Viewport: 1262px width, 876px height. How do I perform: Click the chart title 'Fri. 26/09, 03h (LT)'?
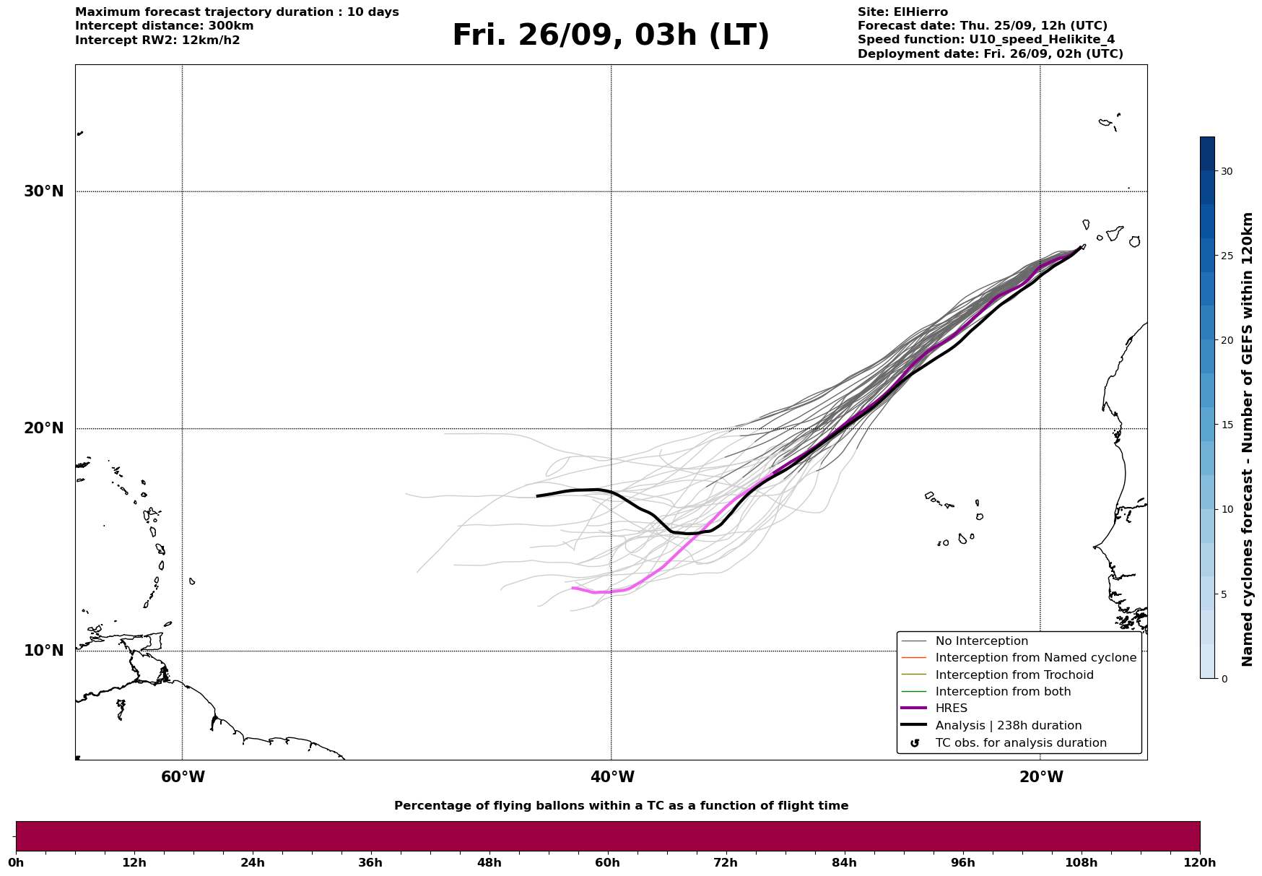click(x=611, y=36)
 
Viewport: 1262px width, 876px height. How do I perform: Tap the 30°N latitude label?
click(x=44, y=191)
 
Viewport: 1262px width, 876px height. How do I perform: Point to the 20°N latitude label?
click(x=44, y=428)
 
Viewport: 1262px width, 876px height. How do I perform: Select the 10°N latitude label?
click(x=44, y=651)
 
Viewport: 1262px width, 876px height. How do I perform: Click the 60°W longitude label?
click(x=183, y=777)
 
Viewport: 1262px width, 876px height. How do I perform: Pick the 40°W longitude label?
click(x=612, y=777)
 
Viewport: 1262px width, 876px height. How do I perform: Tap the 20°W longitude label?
click(x=1041, y=777)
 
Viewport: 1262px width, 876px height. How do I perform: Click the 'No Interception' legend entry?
click(x=981, y=641)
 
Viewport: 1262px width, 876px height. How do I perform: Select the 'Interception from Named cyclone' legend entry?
click(x=1035, y=658)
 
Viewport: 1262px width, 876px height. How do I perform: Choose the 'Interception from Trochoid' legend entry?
click(x=1014, y=675)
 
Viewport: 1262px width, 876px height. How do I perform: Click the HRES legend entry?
click(x=951, y=708)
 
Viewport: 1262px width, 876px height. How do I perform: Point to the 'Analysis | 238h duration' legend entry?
click(x=1008, y=726)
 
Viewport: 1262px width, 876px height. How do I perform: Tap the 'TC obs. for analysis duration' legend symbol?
click(x=915, y=743)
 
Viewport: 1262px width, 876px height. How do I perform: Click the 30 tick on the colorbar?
click(x=1226, y=171)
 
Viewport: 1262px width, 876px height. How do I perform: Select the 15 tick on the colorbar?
click(x=1226, y=425)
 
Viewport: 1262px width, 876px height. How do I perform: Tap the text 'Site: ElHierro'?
click(x=902, y=12)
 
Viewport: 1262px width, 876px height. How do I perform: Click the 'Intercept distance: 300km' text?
click(x=164, y=26)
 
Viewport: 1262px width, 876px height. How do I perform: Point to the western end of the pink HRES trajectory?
click(x=573, y=588)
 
